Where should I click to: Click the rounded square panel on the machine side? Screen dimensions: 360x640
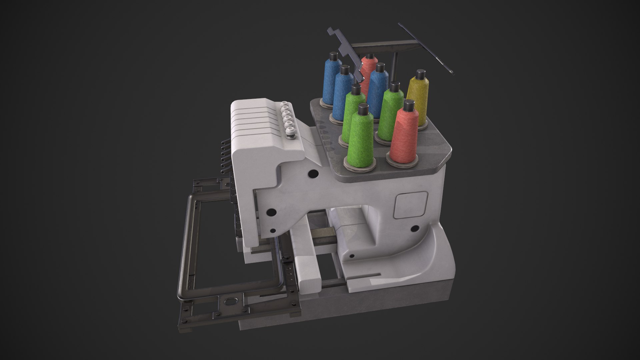(411, 204)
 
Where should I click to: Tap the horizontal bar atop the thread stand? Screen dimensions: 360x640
(380, 48)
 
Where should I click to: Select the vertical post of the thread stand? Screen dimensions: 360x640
(394, 67)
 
